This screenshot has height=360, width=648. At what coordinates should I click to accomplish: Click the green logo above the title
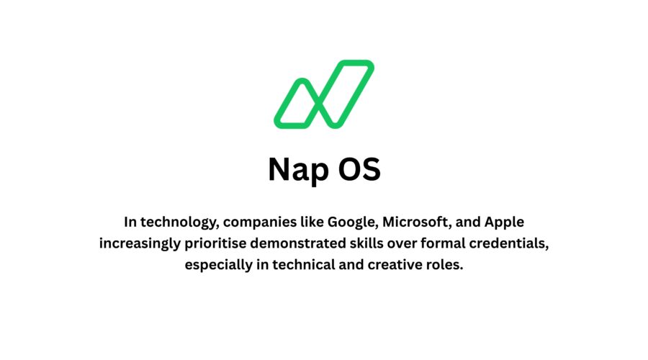click(x=323, y=94)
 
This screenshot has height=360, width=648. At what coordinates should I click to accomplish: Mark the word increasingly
click(x=140, y=243)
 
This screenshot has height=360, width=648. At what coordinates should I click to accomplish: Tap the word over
click(x=408, y=243)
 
